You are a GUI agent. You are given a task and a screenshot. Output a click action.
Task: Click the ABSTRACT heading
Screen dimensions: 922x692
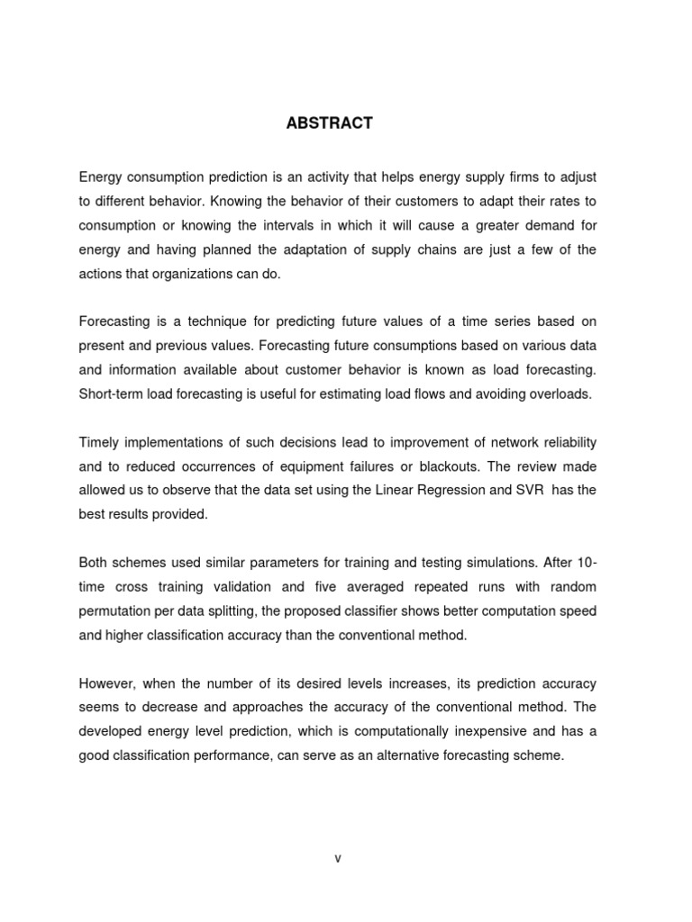coord(329,124)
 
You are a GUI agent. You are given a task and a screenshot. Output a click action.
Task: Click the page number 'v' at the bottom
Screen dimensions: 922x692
coord(338,858)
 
